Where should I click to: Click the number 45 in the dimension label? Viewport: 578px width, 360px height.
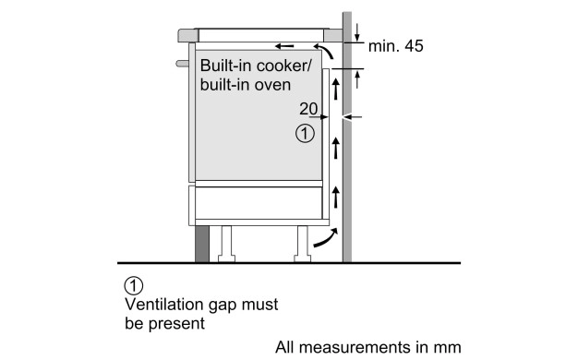(x=414, y=45)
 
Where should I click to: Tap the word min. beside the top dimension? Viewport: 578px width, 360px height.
(x=384, y=46)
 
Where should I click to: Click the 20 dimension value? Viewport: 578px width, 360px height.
(x=308, y=108)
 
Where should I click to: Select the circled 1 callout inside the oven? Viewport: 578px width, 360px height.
(x=306, y=134)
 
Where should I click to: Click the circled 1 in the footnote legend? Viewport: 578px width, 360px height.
(x=134, y=285)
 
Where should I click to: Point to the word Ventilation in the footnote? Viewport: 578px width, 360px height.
(x=164, y=305)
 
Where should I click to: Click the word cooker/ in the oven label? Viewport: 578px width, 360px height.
(x=283, y=66)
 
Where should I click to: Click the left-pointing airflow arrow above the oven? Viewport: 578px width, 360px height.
(x=284, y=46)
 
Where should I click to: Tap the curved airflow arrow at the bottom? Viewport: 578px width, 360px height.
(x=325, y=238)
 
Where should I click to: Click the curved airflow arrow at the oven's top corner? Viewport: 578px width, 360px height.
(x=324, y=51)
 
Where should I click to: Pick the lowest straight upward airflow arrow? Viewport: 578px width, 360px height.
(x=335, y=198)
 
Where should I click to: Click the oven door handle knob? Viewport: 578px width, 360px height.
(x=183, y=64)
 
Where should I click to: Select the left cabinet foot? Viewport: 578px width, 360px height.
(x=227, y=244)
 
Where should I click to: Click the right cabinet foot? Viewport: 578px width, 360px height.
(x=302, y=244)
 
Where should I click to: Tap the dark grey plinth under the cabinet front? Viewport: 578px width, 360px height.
(x=202, y=244)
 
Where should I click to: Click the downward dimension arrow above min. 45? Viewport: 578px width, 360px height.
(x=356, y=32)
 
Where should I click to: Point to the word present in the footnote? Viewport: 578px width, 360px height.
(x=176, y=324)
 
